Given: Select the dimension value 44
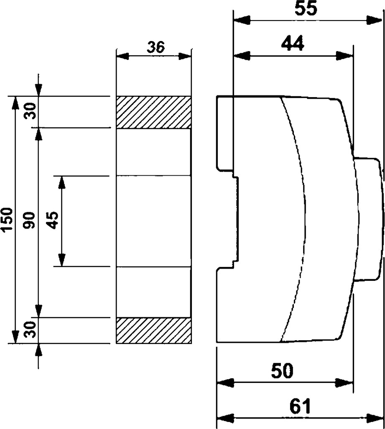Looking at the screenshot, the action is tap(293, 44).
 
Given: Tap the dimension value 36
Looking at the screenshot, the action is tap(156, 47).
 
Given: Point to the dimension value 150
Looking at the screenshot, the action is tap(7, 220).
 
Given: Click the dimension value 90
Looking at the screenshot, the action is tap(30, 220).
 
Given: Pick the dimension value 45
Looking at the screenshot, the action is tap(53, 220).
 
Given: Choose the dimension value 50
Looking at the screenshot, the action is tap(282, 371).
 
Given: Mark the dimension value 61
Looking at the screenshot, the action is tap(300, 406).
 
